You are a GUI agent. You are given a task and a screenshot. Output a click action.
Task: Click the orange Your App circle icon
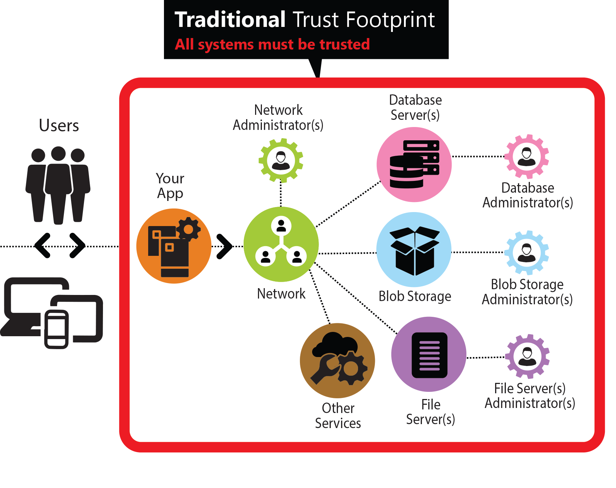[x=174, y=246]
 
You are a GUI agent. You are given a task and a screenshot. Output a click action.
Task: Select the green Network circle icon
[x=281, y=244]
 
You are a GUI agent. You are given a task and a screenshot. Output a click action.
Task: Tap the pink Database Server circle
[x=414, y=165]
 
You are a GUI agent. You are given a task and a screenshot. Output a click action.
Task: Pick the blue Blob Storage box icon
[x=414, y=250]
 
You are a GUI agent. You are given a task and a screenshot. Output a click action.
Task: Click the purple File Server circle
[x=429, y=354]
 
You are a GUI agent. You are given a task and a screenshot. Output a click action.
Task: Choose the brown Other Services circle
[x=337, y=361]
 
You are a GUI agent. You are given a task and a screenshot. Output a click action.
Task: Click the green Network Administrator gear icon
[x=281, y=160]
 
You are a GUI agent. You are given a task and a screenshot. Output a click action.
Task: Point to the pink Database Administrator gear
[x=527, y=156]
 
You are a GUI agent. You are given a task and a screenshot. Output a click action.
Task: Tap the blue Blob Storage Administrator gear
[x=527, y=253]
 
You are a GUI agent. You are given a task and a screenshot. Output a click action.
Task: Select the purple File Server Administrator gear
[x=527, y=356]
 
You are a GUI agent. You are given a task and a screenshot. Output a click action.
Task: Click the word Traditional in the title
[x=230, y=20]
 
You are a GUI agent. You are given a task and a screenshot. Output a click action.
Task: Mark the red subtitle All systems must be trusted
[x=272, y=44]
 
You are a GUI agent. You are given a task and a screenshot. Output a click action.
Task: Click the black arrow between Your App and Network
[x=225, y=246]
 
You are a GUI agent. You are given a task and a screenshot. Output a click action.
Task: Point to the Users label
[x=59, y=126]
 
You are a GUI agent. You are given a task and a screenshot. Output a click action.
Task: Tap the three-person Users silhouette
[x=58, y=185]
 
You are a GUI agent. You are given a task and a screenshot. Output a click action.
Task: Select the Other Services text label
[x=338, y=416]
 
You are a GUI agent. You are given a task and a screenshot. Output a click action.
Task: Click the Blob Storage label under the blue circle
[x=415, y=296]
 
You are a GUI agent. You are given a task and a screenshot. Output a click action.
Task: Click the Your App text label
[x=170, y=186]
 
